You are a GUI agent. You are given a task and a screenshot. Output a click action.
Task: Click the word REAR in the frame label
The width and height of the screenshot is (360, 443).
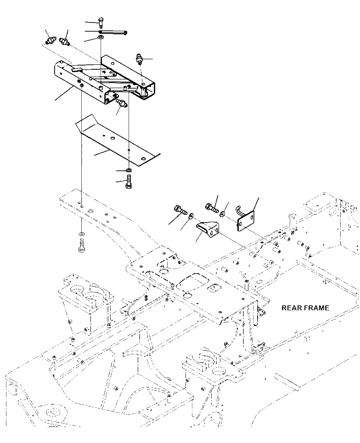coord(292,308)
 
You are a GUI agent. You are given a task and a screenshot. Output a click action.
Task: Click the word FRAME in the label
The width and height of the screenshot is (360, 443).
coord(317,308)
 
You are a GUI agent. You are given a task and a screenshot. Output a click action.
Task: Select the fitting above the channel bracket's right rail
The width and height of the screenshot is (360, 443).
coord(139,60)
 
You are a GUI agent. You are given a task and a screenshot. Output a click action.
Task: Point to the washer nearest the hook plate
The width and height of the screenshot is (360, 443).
coord(222,212)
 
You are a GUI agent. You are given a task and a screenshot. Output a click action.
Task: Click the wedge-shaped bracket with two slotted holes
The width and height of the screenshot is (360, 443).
coord(209,229)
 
